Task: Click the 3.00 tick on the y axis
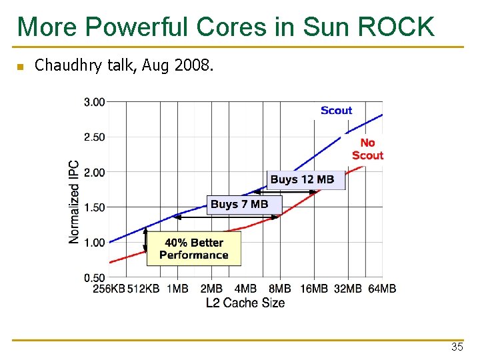[95, 102]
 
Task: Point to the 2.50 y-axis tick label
[95, 137]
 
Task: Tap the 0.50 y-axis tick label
[95, 278]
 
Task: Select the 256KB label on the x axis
[109, 289]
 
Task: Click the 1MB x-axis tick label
[177, 289]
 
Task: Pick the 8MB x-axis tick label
[279, 289]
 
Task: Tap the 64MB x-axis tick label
[382, 289]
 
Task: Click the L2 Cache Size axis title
[245, 303]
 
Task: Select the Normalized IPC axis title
[74, 201]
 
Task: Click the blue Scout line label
[336, 111]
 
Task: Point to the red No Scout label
[367, 149]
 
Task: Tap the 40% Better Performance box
[193, 249]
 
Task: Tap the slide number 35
[457, 347]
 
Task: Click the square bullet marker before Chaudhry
[20, 67]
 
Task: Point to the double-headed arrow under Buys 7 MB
[227, 217]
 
